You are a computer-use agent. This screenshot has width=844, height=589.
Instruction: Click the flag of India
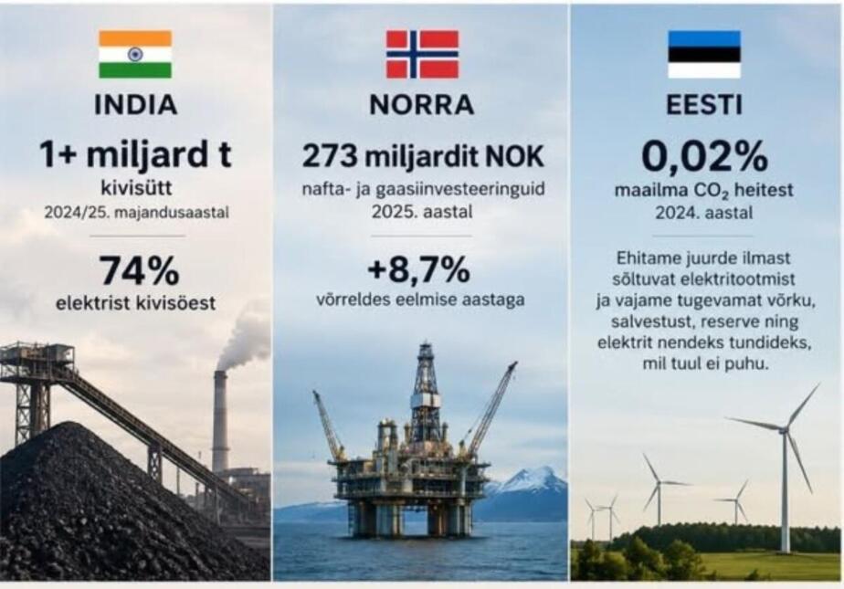click(x=135, y=54)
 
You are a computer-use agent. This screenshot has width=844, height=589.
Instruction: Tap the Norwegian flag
click(x=423, y=54)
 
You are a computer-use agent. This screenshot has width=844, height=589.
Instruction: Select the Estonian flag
click(x=704, y=54)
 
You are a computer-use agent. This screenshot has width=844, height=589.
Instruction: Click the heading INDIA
click(x=135, y=105)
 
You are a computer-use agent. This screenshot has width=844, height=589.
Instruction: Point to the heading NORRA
click(x=422, y=105)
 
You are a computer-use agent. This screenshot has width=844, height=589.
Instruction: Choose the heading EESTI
click(x=704, y=105)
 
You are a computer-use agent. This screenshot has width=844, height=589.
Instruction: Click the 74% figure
click(x=140, y=270)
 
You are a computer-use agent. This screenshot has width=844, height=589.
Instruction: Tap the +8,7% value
click(x=418, y=269)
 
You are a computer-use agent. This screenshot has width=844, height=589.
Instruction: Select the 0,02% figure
click(x=704, y=156)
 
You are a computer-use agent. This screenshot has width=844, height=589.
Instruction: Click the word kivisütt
click(x=136, y=188)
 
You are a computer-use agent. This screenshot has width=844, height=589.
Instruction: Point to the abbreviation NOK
click(x=515, y=156)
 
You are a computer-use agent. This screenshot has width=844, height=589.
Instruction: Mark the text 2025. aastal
click(x=422, y=212)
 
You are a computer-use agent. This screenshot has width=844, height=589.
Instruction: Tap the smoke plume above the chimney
click(x=246, y=339)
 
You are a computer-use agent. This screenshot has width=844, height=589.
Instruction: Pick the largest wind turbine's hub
click(x=785, y=428)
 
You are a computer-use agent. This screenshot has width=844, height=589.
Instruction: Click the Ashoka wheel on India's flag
click(x=135, y=54)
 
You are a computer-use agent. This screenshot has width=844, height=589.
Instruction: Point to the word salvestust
click(x=645, y=321)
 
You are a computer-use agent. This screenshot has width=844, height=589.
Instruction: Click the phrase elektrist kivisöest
click(x=135, y=303)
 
